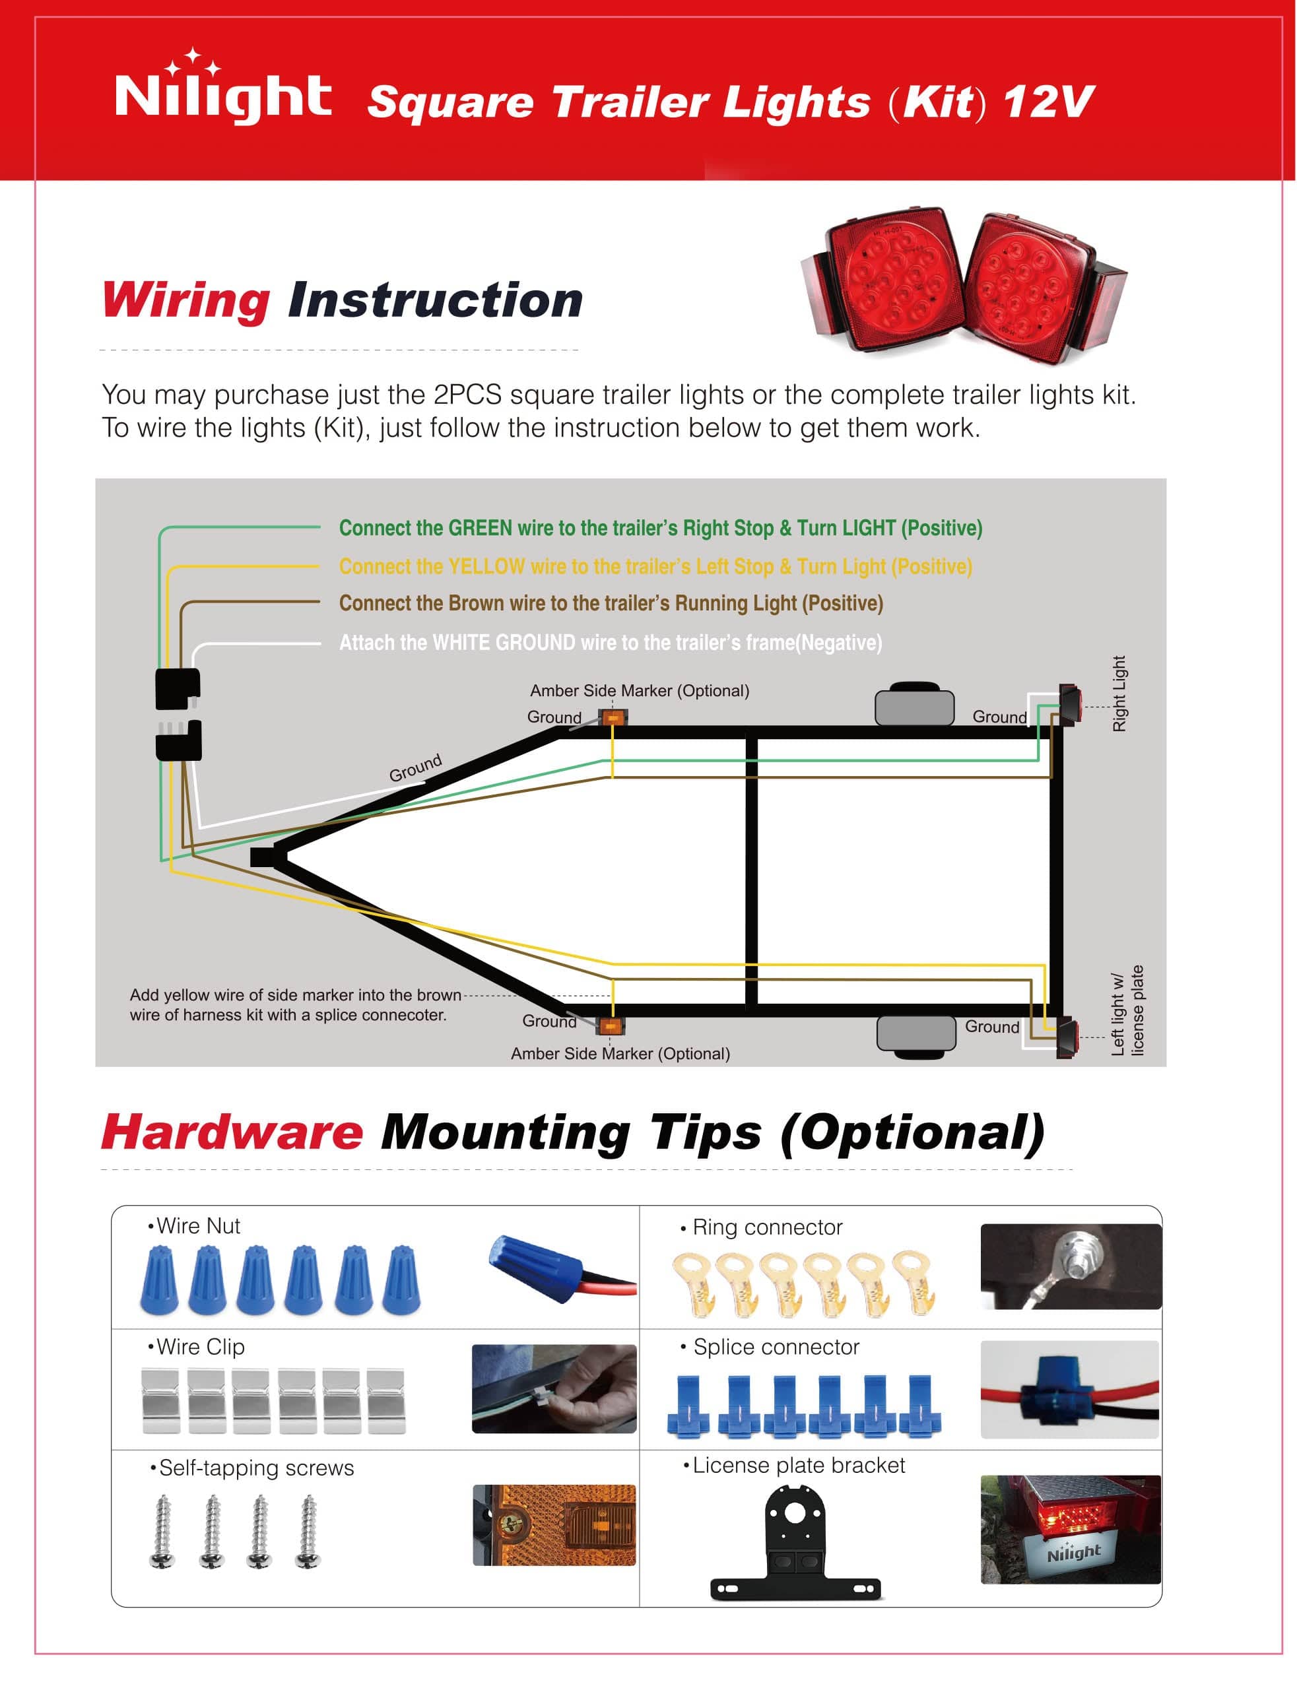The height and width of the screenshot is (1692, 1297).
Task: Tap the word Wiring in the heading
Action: point(186,300)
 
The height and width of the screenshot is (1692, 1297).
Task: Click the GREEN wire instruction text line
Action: point(660,528)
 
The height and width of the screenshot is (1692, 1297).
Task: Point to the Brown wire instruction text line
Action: point(611,603)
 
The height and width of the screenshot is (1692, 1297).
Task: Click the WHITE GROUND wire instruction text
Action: point(610,642)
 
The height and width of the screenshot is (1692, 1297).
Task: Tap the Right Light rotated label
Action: point(1119,693)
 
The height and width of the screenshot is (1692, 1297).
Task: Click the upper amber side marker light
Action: point(613,718)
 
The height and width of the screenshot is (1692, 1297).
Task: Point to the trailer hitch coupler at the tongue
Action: point(263,856)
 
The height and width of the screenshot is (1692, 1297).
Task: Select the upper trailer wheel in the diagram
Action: point(914,703)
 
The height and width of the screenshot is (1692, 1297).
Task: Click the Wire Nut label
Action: point(197,1225)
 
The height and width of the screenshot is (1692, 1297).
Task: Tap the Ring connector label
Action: point(766,1227)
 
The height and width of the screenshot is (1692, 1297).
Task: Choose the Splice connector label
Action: point(775,1347)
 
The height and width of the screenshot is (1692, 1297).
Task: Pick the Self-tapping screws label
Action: point(255,1468)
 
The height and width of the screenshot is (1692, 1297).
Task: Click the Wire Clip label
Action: point(200,1347)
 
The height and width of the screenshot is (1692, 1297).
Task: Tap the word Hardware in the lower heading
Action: point(232,1132)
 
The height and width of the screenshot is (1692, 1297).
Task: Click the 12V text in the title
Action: point(1048,101)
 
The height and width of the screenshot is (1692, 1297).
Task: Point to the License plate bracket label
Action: point(797,1465)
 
